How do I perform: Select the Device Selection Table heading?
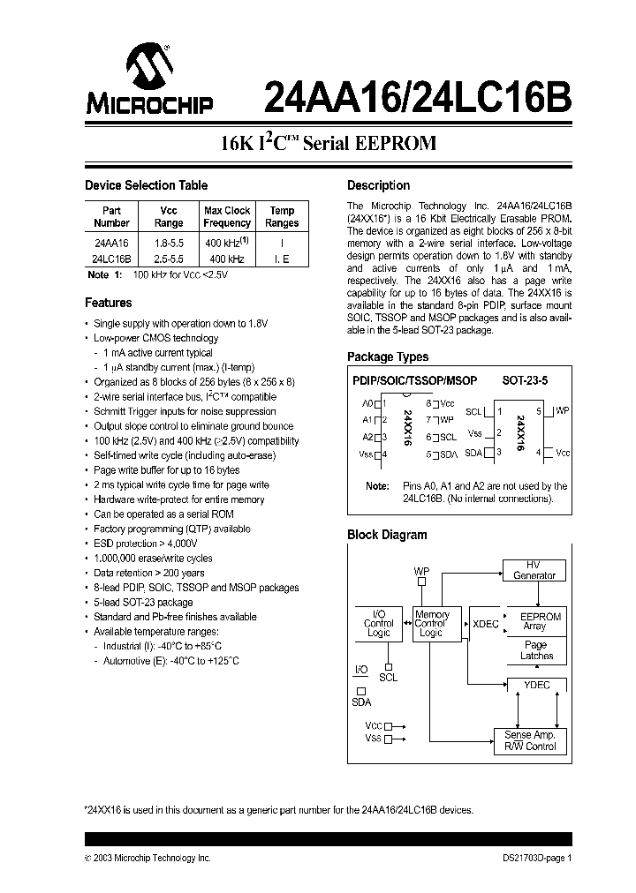pos(146,185)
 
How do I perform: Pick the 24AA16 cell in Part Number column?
pos(110,242)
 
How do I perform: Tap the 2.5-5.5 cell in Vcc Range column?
pos(168,259)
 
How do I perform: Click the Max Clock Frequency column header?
pos(227,217)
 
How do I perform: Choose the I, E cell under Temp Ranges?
pos(282,259)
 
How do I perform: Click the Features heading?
pos(108,303)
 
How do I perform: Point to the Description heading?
pos(378,185)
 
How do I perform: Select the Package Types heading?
pos(388,356)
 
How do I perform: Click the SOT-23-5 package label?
pos(525,380)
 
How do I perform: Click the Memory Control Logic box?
pos(432,624)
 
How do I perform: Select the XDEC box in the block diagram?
pos(485,624)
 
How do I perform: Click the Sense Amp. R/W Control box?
pos(529,740)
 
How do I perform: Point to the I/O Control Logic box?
pos(378,624)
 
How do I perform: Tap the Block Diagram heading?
pos(387,535)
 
